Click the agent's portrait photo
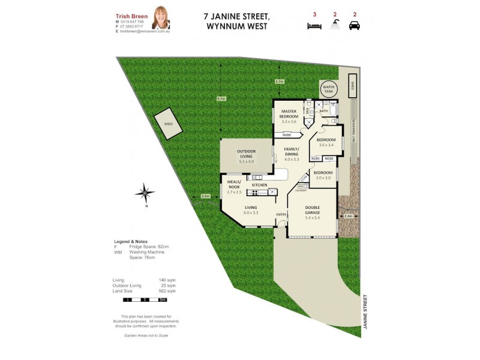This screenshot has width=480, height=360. pyautogui.click(x=160, y=17)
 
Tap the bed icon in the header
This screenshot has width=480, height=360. pyautogui.click(x=314, y=26)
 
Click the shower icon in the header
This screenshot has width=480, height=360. pyautogui.click(x=334, y=26)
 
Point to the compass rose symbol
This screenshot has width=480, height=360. pyautogui.click(x=145, y=194)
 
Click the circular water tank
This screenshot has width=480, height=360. pyautogui.click(x=329, y=89)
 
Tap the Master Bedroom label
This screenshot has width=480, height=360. pyautogui.click(x=289, y=113)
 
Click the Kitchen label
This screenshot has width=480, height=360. pyautogui.click(x=259, y=185)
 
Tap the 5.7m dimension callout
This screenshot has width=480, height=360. pyautogui.click(x=221, y=99)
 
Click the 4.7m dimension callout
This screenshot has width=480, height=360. pyautogui.click(x=278, y=81)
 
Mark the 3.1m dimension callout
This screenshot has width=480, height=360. pyautogui.click(x=205, y=196)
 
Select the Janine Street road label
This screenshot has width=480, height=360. pyautogui.click(x=364, y=313)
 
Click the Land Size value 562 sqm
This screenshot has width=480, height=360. pyautogui.click(x=166, y=290)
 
